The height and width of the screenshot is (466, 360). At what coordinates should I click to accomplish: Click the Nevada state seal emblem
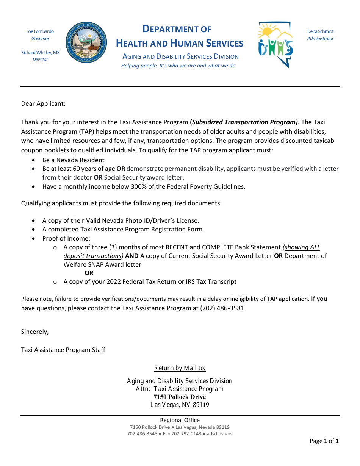[x=86, y=42]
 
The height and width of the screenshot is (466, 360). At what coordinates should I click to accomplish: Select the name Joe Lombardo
[x=40, y=31]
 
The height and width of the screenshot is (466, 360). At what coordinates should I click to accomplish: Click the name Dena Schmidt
[x=320, y=31]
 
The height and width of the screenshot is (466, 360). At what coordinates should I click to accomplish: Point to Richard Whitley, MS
[x=40, y=53]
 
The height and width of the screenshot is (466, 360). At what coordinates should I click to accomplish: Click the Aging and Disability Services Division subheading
[x=180, y=56]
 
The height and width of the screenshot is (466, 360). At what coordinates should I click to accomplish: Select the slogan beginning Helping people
[x=179, y=66]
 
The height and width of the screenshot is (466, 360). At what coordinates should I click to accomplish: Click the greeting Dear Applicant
[x=43, y=103]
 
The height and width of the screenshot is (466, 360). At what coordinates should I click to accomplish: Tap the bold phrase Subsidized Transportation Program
[x=245, y=122]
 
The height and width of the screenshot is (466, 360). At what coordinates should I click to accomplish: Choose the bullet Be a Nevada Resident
[x=74, y=160]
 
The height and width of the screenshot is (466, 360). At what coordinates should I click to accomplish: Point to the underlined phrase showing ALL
[x=302, y=247]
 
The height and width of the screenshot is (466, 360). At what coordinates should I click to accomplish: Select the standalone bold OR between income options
[x=89, y=273]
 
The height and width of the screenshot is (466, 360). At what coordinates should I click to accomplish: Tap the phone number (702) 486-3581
[x=222, y=308]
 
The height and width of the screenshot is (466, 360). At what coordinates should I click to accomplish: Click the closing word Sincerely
[x=35, y=332]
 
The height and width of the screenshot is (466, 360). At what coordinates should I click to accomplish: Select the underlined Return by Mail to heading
[x=180, y=368]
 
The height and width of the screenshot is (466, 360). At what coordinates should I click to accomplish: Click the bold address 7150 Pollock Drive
[x=180, y=397]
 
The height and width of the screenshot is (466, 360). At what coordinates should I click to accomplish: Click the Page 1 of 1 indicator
[x=324, y=441]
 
